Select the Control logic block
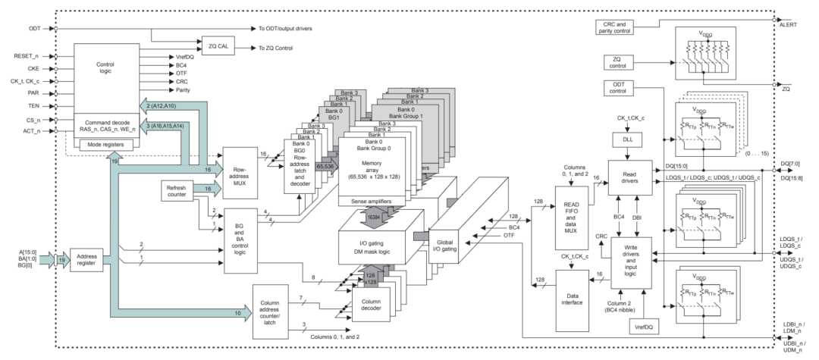tap(106, 68)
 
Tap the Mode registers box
tap(105, 143)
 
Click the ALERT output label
tap(789, 24)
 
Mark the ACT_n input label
tap(33, 130)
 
